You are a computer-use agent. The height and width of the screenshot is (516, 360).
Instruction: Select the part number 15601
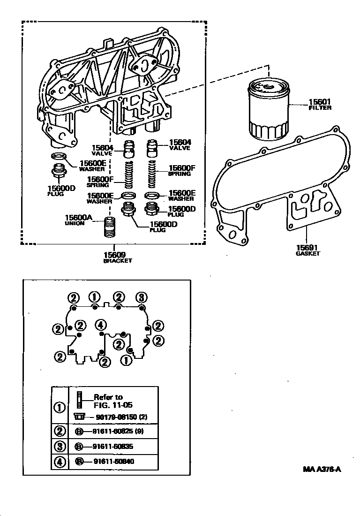(320, 101)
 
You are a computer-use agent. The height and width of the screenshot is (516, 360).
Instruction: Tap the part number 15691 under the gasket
(307, 247)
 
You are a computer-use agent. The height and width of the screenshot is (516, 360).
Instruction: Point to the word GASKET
(307, 254)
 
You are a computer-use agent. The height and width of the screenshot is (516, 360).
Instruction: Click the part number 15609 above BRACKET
(114, 255)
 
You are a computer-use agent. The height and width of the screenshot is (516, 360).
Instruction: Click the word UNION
(75, 223)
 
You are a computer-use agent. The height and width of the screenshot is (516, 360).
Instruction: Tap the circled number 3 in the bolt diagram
(141, 297)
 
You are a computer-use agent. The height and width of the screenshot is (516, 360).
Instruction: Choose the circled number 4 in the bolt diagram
(100, 324)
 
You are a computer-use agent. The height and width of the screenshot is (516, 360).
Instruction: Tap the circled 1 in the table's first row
(60, 407)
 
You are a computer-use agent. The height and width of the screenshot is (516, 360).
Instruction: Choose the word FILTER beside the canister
(320, 108)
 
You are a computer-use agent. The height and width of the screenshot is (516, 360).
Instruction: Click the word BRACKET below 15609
(118, 261)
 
